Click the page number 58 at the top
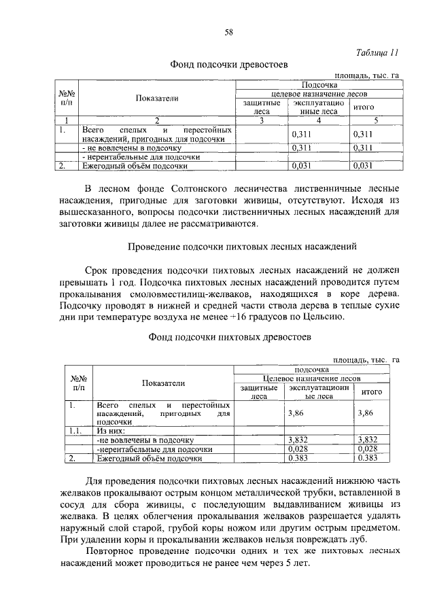tap(229, 31)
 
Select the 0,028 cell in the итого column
tap(366, 449)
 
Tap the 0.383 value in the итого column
tap(366, 459)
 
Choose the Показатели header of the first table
tap(156, 98)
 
